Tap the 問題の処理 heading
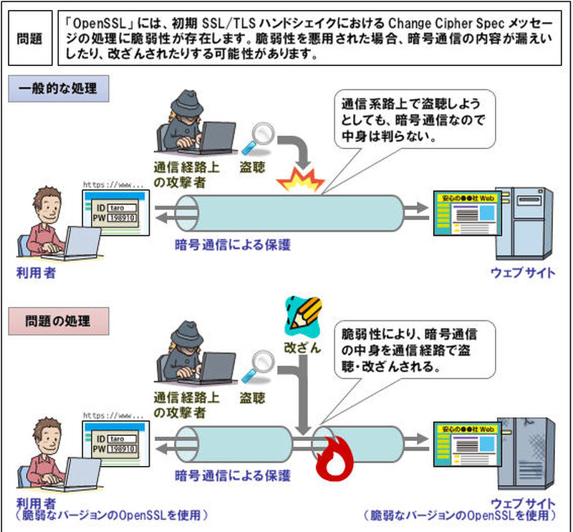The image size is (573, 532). pyautogui.click(x=58, y=316)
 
